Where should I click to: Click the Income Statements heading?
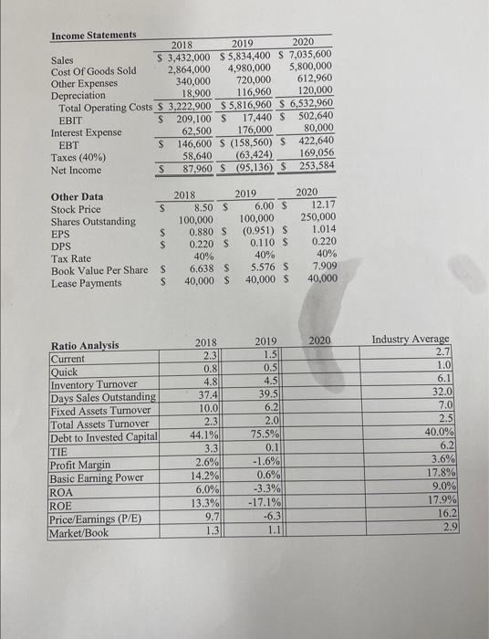pyautogui.click(x=93, y=35)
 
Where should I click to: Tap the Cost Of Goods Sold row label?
pyautogui.click(x=93, y=70)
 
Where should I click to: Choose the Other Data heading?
pyautogui.click(x=77, y=196)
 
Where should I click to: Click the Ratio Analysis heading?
pyautogui.click(x=85, y=345)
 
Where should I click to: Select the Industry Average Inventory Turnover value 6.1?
pyautogui.click(x=440, y=377)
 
